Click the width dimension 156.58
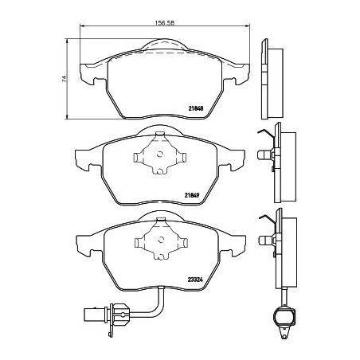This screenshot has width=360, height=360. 165,23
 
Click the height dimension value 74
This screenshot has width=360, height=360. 65,79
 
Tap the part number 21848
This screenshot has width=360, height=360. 196,108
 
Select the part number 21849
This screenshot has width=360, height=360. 192,196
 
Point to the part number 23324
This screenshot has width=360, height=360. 195,280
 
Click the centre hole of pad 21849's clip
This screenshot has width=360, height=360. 159,154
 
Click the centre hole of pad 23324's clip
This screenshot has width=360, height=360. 161,240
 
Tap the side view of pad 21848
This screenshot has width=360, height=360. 272,79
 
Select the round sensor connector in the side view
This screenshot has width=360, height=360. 284,315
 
